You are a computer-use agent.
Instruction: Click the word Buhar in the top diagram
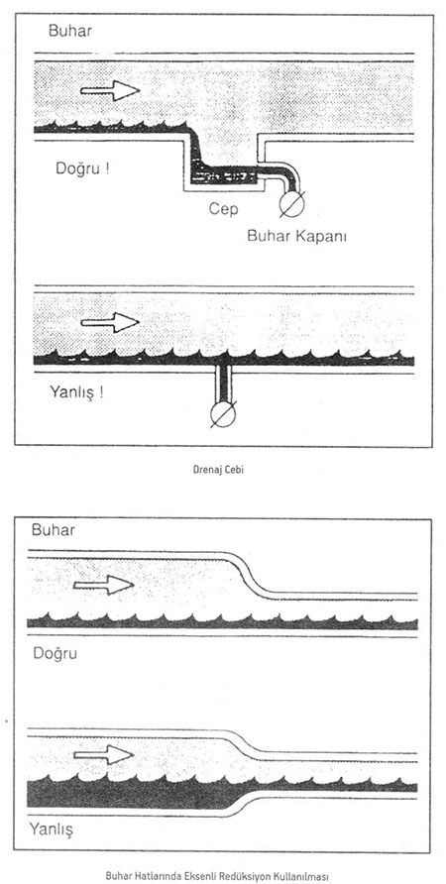[x=70, y=31]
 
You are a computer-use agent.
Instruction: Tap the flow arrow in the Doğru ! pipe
[x=110, y=90]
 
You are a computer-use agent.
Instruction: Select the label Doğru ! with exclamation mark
[x=82, y=168]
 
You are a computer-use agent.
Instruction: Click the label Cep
[x=224, y=208]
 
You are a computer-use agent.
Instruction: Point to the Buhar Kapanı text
[x=296, y=236]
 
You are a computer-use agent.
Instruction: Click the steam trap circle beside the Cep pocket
[x=292, y=205]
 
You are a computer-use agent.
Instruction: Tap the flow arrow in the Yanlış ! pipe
[x=110, y=322]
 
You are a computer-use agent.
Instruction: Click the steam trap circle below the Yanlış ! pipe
[x=223, y=414]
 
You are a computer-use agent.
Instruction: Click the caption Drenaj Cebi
[x=223, y=470]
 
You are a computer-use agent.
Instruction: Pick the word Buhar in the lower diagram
[x=53, y=530]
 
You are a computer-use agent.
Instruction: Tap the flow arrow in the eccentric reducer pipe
[x=104, y=585]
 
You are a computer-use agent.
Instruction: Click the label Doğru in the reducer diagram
[x=55, y=654]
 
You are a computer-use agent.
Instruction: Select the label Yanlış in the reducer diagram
[x=53, y=830]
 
